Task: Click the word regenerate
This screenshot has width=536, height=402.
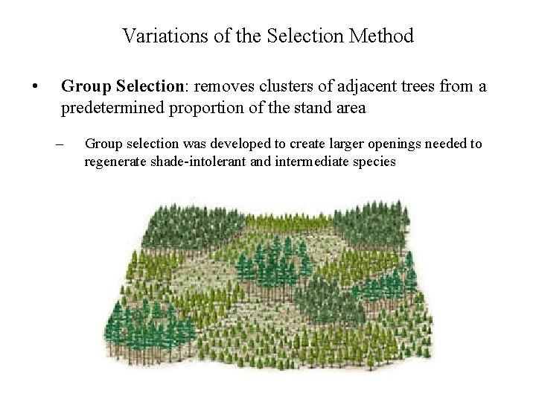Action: tap(114, 161)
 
